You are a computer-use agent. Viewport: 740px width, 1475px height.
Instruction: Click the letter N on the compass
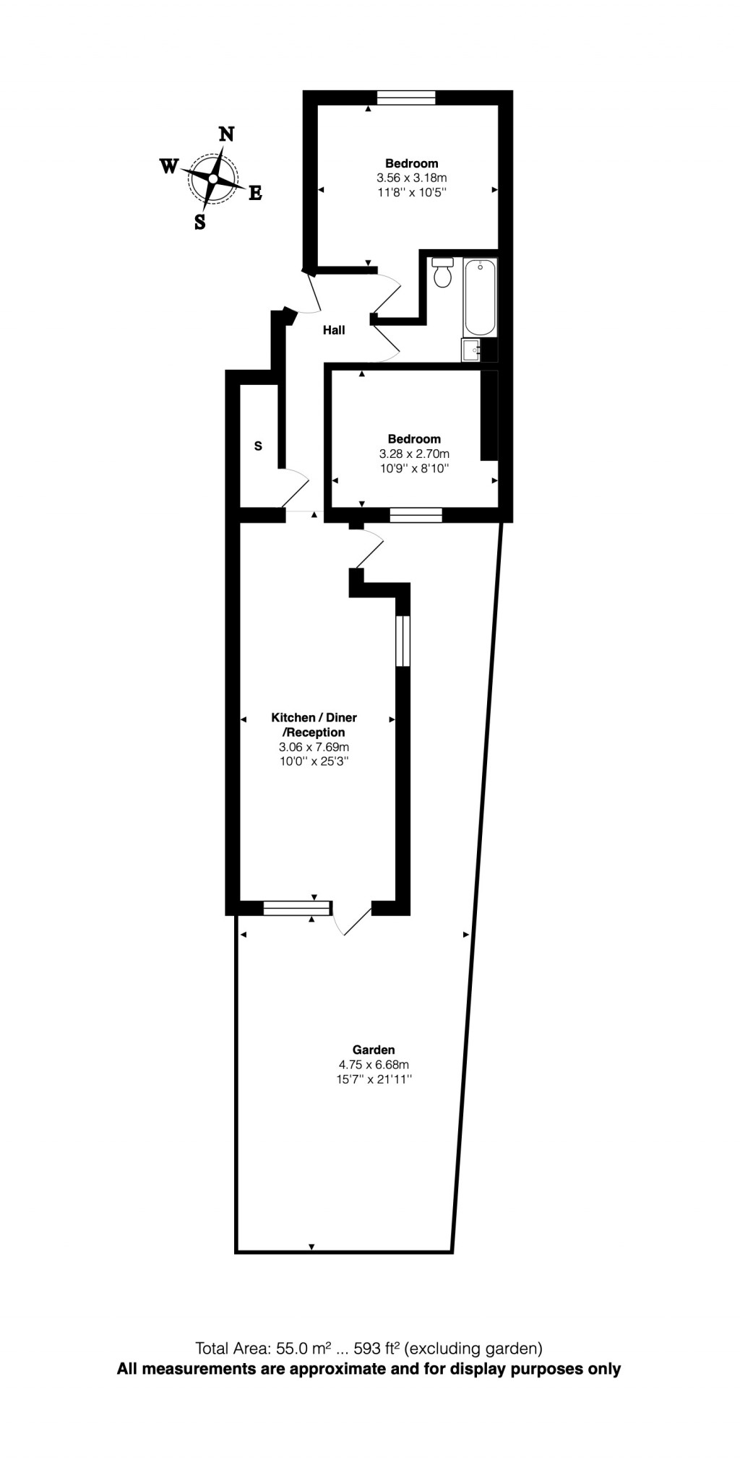click(x=226, y=134)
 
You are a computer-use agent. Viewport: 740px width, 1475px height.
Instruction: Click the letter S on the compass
click(x=200, y=222)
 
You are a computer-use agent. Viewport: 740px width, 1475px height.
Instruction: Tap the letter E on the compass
click(x=255, y=193)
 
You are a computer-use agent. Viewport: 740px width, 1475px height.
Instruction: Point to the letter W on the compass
click(x=168, y=167)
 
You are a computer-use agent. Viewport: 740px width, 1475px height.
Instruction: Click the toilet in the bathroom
click(x=442, y=272)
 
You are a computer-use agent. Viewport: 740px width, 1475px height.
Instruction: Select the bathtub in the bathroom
click(x=481, y=297)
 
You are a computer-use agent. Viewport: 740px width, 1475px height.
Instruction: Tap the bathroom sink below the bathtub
click(x=471, y=350)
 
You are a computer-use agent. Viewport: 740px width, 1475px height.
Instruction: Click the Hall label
click(x=334, y=330)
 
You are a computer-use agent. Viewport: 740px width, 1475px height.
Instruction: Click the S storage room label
click(x=258, y=446)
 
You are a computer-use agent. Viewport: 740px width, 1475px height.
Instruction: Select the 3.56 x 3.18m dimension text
click(x=411, y=178)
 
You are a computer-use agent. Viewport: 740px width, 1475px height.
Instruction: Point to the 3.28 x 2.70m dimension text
click(x=414, y=454)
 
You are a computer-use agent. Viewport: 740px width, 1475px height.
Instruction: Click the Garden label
click(x=374, y=1050)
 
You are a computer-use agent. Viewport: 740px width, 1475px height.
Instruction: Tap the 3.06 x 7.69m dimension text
click(x=314, y=747)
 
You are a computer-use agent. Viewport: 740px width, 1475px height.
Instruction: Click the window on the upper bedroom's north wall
click(x=406, y=98)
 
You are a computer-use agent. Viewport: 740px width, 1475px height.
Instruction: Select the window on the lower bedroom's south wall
click(x=416, y=515)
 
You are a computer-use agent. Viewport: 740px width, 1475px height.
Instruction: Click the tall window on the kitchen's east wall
click(x=403, y=641)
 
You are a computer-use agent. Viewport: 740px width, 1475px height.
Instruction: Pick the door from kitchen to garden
click(x=352, y=919)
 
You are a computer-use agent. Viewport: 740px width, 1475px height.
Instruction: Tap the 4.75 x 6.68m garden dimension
click(x=374, y=1065)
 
